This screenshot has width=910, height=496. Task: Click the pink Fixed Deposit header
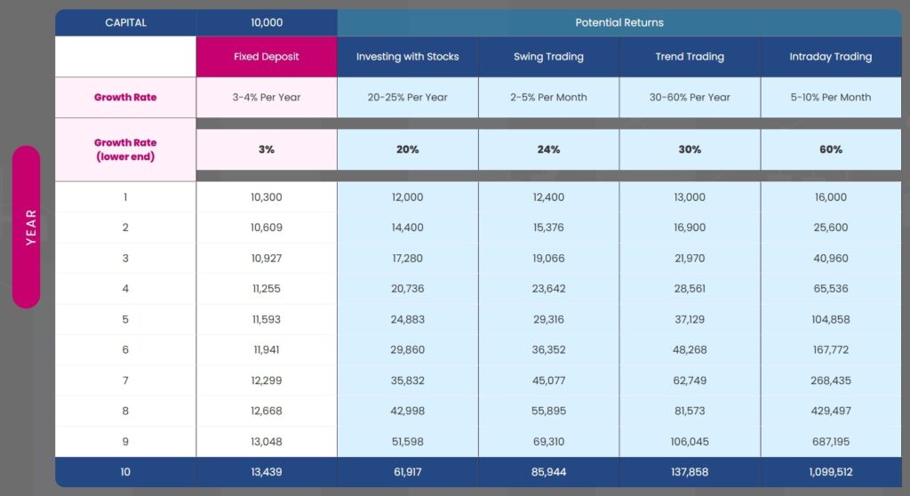267,57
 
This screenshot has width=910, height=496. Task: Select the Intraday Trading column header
831,57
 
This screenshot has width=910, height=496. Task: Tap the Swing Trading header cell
548,57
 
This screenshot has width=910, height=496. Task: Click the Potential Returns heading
619,22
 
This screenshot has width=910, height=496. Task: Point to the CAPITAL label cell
125,22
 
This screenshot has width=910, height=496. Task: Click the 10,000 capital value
267,22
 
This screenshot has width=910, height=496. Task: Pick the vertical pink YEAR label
27,227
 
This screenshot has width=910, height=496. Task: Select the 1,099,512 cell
831,472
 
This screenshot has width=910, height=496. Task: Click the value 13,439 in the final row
267,472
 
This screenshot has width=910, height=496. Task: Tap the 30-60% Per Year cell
690,97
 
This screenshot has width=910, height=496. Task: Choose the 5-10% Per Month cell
831,97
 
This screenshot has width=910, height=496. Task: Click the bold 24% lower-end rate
548,149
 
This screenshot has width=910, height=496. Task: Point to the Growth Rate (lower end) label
125,149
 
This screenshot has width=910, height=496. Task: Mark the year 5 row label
125,319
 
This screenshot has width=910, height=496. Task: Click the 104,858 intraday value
831,319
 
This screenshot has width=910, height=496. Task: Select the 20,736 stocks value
408,289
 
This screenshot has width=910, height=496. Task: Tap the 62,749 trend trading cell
690,380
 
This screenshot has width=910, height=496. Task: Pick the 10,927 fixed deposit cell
267,258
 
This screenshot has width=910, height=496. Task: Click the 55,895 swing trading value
548,411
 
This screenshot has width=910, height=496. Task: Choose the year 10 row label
125,472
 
